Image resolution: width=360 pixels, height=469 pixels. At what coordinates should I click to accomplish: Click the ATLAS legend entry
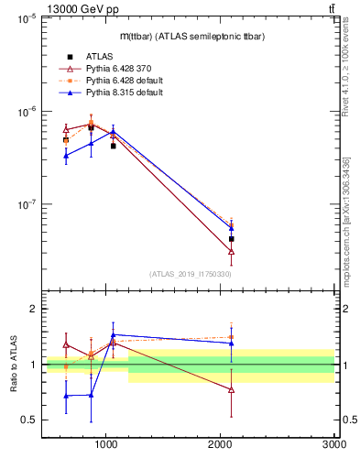click(101, 57)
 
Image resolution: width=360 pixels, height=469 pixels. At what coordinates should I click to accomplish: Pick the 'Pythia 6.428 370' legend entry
click(119, 69)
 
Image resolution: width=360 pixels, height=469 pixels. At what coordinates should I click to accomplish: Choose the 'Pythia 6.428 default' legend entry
click(123, 81)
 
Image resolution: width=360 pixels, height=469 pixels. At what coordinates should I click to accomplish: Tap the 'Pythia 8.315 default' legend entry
click(123, 93)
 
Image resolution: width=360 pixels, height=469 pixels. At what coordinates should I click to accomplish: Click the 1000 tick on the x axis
click(107, 443)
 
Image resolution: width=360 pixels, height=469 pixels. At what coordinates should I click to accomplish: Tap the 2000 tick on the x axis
click(221, 443)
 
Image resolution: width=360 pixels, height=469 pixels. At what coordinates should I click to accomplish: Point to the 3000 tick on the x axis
click(333, 443)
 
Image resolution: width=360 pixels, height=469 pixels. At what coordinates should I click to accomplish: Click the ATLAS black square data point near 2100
click(232, 238)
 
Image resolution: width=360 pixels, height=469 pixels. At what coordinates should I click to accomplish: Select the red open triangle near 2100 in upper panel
click(232, 251)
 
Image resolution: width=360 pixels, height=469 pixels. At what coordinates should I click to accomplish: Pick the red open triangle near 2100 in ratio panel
click(232, 390)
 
